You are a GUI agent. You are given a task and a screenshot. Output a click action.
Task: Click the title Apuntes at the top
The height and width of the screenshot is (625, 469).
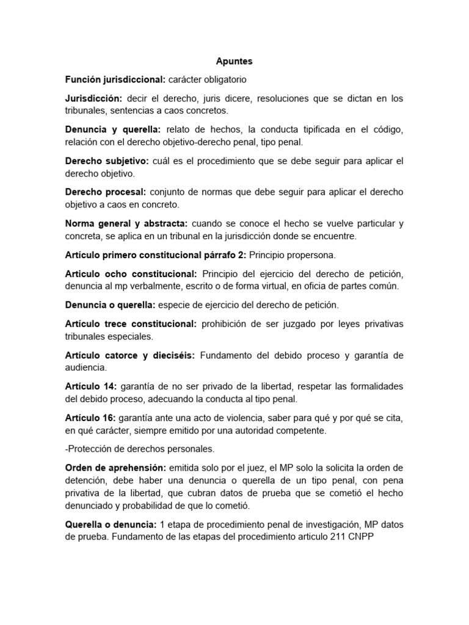[x=234, y=62]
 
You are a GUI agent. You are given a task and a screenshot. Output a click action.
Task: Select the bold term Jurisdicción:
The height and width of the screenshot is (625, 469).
[x=94, y=98]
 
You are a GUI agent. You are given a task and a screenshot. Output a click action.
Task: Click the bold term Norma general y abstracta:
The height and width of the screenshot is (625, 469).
[x=126, y=223]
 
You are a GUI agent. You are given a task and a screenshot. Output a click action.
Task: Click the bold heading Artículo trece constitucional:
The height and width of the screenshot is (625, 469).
[x=131, y=323]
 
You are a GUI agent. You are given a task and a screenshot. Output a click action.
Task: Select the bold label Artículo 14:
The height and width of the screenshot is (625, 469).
[x=90, y=386]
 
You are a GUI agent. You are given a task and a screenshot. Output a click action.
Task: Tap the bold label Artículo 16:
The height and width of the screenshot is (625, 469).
[x=90, y=418]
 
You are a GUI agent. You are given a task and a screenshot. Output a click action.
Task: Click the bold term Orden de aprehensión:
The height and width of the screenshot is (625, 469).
[x=116, y=468]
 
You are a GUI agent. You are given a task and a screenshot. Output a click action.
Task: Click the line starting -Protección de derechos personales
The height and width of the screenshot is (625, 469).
[x=140, y=449]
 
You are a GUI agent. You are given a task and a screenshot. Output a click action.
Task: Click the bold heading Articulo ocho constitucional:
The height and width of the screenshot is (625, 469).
[x=131, y=273]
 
